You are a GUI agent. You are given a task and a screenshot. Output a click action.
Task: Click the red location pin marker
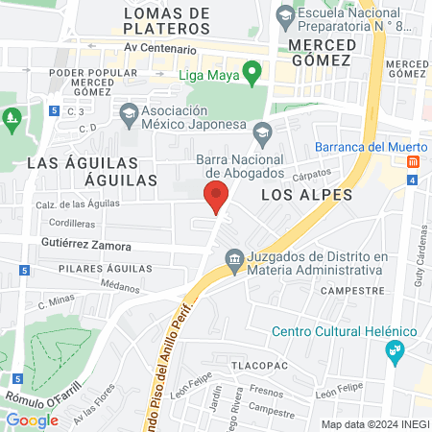click(x=216, y=196)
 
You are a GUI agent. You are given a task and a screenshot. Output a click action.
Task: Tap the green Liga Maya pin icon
click(x=252, y=71)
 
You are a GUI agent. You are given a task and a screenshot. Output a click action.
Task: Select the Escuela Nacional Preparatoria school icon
click(x=285, y=16)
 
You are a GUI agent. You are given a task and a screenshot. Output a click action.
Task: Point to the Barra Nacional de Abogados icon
click(x=262, y=132)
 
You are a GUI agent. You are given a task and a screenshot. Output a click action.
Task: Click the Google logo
click(x=32, y=420)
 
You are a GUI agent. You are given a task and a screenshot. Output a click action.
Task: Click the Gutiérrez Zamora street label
click(x=85, y=246)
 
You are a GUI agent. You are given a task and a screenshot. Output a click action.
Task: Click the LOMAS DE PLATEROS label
click(x=167, y=21)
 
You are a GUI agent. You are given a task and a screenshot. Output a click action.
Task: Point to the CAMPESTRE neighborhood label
click(x=346, y=289)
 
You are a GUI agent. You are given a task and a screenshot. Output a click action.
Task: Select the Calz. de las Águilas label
click(x=78, y=204)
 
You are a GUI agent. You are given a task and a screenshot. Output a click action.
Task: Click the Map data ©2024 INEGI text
click(x=374, y=423)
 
